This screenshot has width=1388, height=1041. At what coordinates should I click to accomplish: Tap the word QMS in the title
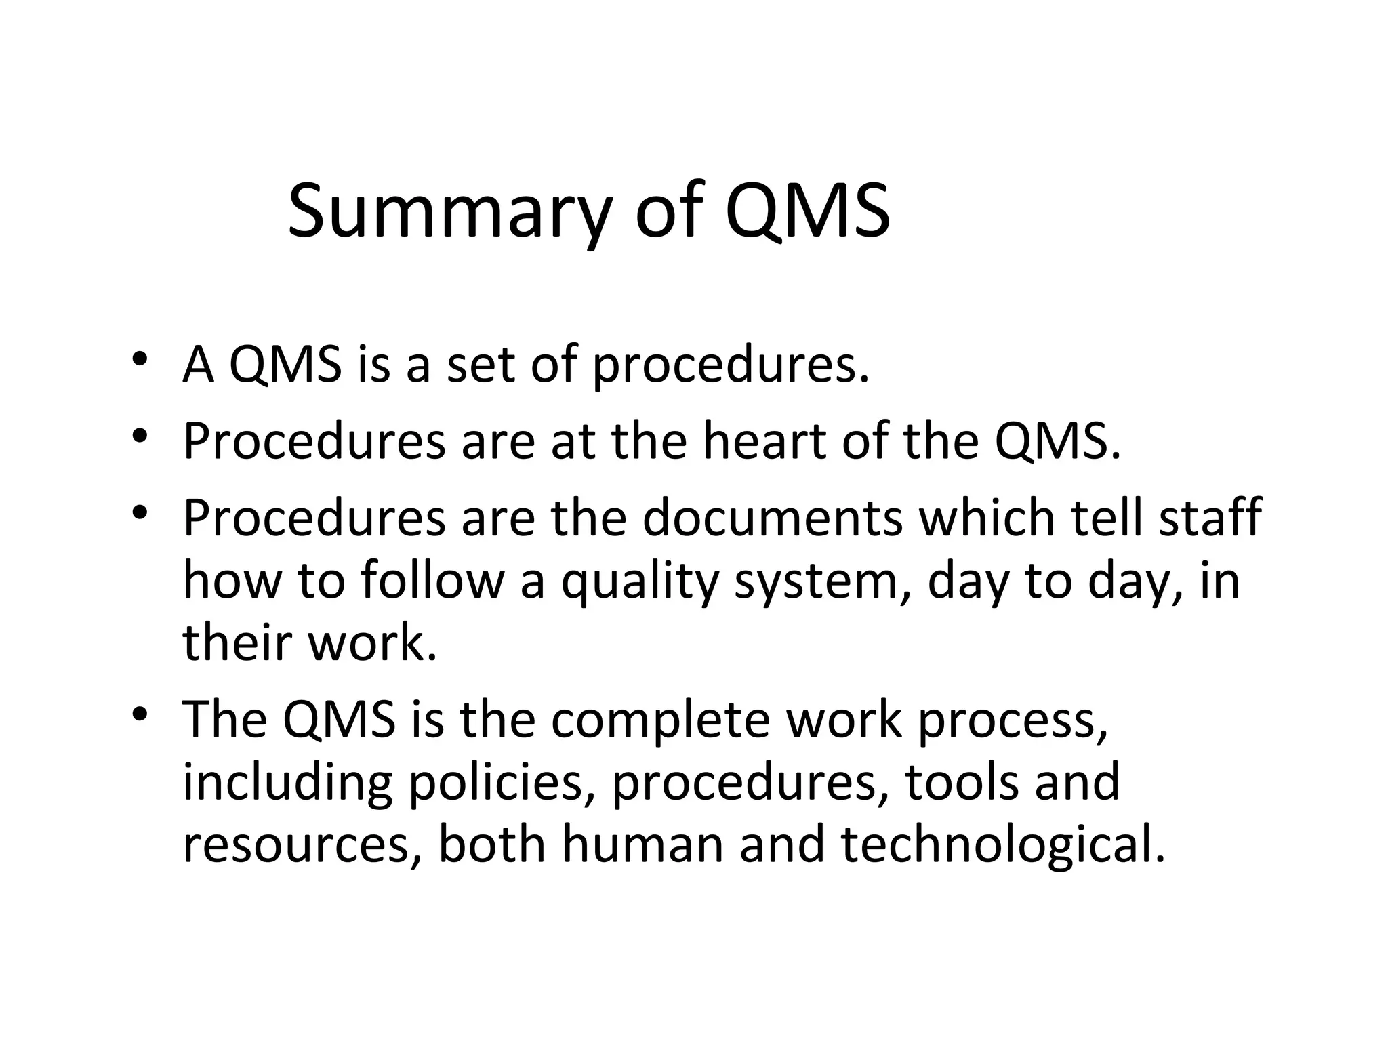tap(807, 211)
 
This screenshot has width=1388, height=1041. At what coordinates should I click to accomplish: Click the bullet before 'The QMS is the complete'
tap(140, 713)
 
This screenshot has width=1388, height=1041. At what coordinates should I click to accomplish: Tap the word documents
tap(773, 518)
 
